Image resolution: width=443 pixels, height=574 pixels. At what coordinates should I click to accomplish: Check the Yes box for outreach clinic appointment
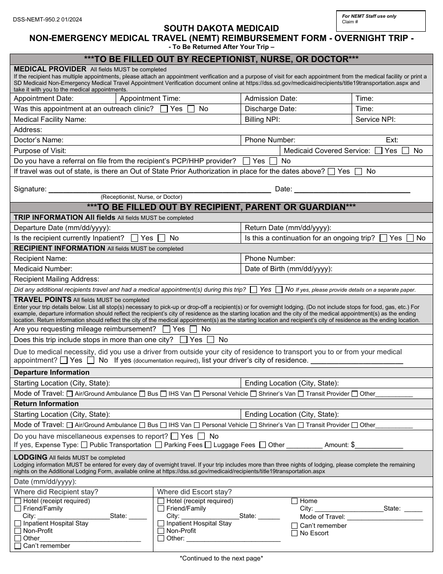[164, 109]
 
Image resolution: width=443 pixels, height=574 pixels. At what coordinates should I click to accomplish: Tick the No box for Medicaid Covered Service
[406, 151]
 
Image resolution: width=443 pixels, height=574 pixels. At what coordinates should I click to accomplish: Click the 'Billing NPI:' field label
[262, 119]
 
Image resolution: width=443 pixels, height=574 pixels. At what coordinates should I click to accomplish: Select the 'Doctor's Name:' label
[39, 140]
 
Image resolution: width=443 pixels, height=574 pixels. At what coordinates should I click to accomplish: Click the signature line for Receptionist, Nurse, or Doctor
[159, 189]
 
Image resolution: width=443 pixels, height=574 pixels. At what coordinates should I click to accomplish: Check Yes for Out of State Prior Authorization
[331, 171]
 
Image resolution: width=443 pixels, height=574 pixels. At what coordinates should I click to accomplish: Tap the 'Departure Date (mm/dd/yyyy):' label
[62, 228]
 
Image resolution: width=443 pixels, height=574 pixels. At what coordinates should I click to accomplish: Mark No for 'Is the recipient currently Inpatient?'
[162, 238]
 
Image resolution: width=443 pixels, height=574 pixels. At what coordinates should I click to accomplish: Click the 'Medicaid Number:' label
[43, 269]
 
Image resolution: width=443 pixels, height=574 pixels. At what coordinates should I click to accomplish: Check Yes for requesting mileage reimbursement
[166, 329]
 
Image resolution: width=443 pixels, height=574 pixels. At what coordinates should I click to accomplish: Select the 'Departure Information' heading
[52, 372]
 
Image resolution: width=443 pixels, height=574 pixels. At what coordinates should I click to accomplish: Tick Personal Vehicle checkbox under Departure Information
[197, 394]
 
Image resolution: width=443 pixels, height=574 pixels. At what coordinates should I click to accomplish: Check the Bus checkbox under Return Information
[142, 425]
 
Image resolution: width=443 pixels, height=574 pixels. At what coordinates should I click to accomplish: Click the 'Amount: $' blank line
[380, 445]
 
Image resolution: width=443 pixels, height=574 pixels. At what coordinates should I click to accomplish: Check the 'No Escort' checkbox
[294, 533]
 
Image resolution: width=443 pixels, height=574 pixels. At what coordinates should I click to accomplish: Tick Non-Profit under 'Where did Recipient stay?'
[18, 531]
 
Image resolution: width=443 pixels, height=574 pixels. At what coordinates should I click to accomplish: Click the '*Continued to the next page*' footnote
[221, 558]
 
